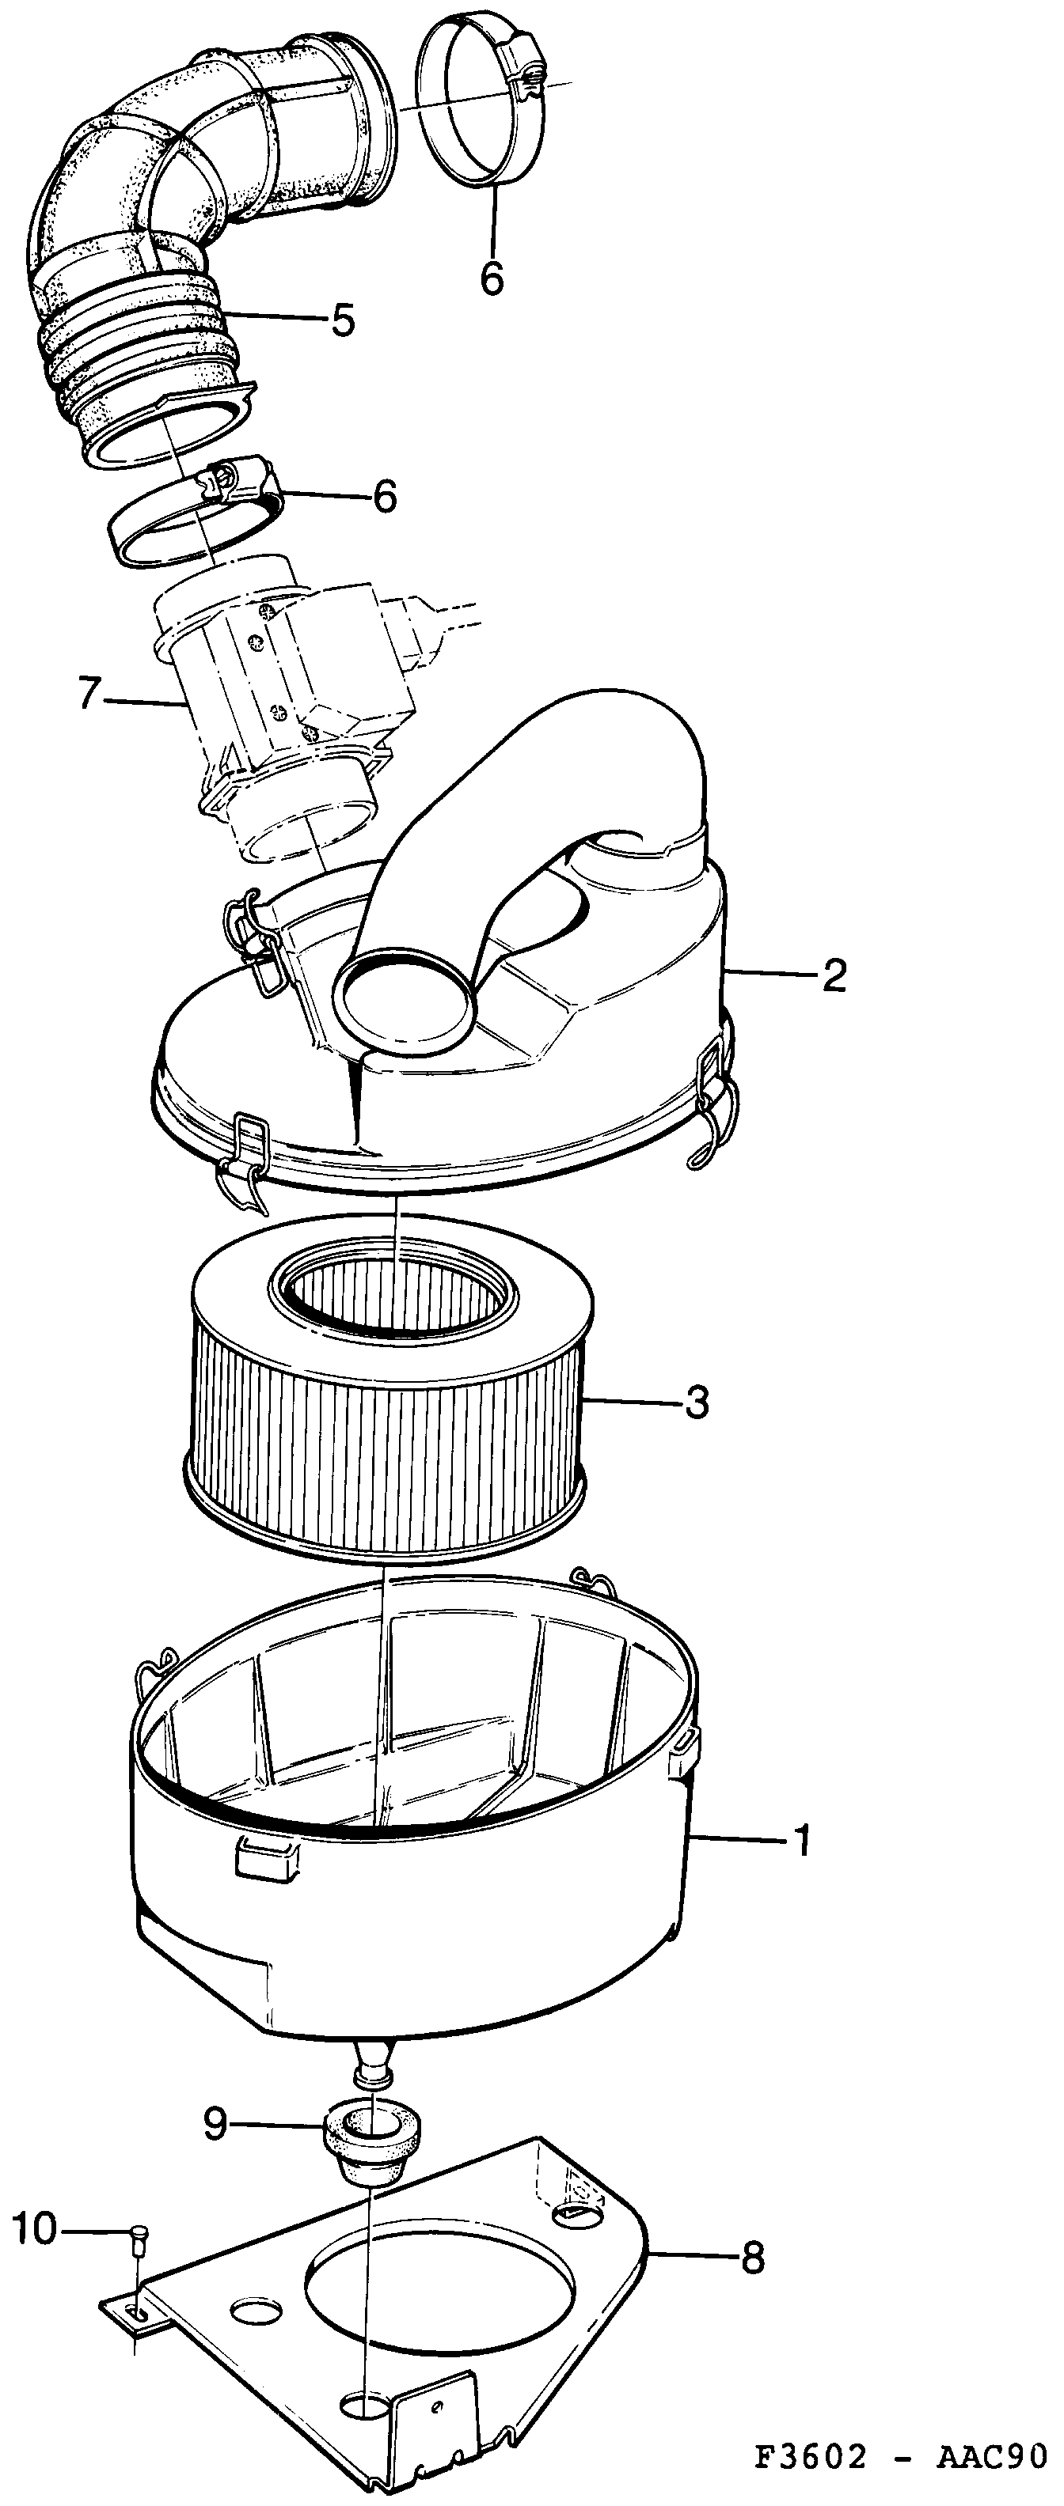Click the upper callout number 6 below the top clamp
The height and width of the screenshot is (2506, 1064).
point(492,278)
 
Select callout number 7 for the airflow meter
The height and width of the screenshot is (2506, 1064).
point(89,695)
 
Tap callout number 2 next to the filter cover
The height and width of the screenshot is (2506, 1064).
point(834,976)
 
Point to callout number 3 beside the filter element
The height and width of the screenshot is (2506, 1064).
point(696,1403)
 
